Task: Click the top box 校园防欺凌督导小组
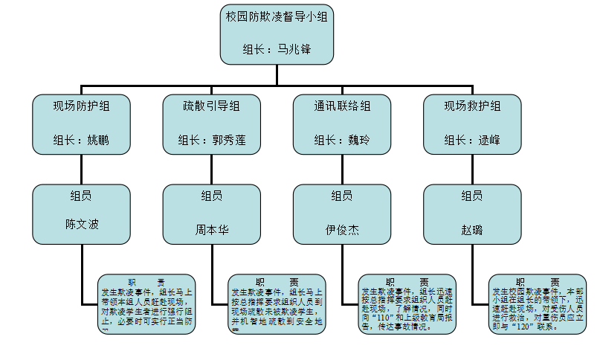point(277,33)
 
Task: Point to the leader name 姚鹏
point(97,139)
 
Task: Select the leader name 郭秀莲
point(228,139)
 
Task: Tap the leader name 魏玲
point(358,139)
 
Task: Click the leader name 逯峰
point(488,139)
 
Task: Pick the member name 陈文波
point(82,224)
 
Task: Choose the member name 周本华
point(212,229)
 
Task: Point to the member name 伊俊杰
point(342,229)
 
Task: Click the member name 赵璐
point(472,229)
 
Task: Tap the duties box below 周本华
point(277,303)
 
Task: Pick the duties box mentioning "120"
point(537,303)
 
